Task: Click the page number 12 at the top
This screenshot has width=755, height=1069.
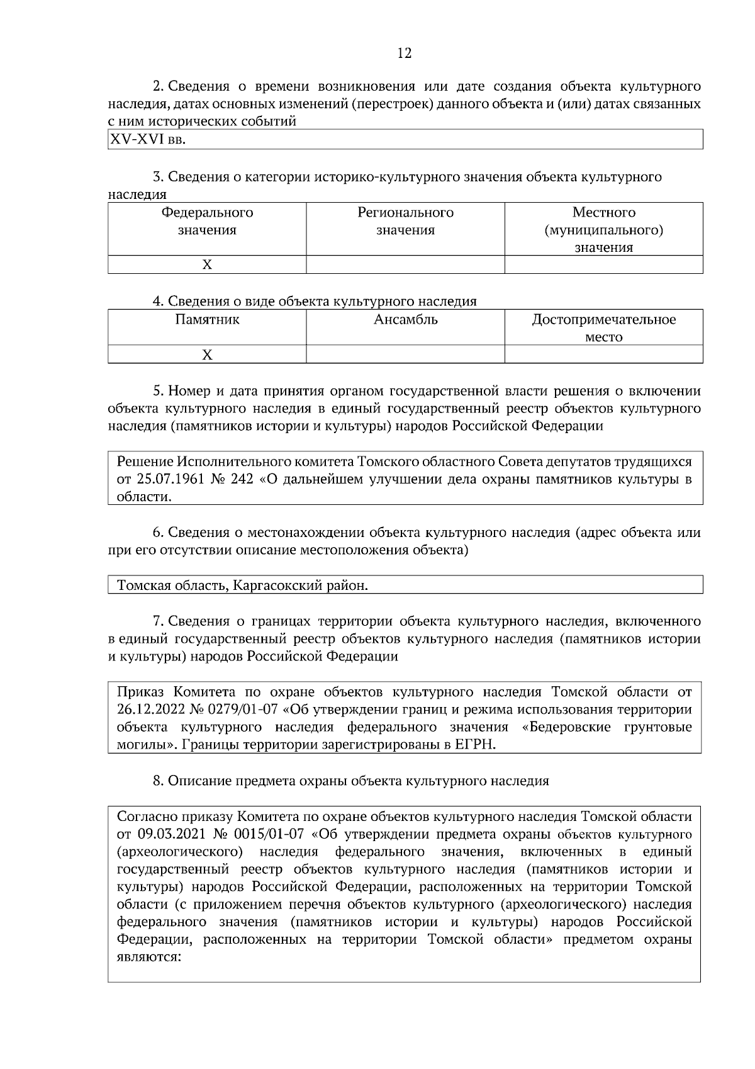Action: pos(405,54)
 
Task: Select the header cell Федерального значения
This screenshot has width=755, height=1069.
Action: pos(207,221)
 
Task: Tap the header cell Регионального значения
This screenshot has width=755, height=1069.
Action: pos(405,221)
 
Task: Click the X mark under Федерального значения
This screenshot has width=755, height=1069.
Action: pos(207,265)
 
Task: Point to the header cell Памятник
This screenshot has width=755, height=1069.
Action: pos(207,320)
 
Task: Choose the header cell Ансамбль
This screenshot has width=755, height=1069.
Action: pos(405,320)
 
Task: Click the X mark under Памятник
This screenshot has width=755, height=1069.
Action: pos(207,355)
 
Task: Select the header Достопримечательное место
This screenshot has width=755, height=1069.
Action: pos(603,328)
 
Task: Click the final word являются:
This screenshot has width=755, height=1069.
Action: pos(149,958)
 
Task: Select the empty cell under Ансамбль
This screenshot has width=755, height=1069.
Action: pos(405,355)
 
